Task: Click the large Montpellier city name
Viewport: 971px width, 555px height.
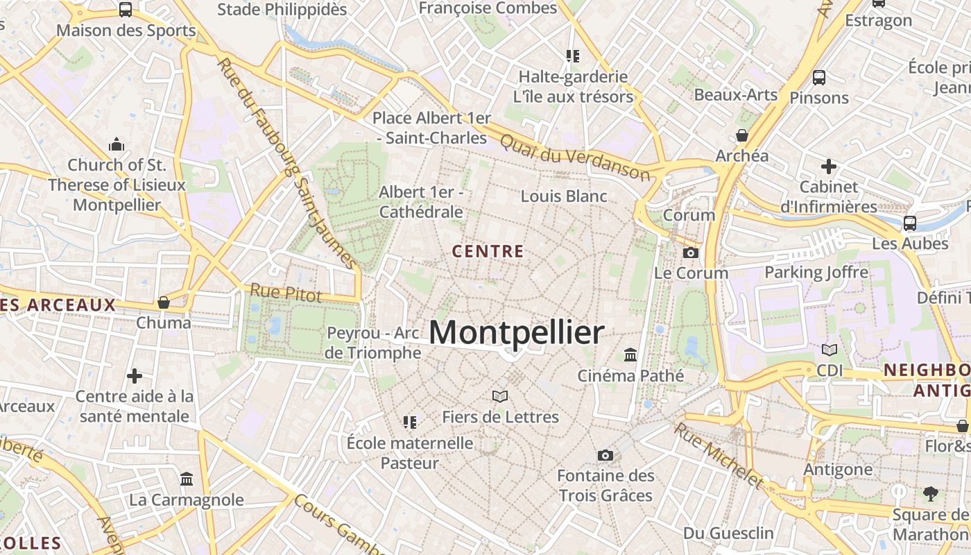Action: (517, 333)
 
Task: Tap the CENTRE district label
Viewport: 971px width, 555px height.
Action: (488, 251)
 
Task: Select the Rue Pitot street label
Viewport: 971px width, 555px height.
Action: (286, 293)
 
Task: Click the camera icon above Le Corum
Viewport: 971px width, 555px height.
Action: (690, 253)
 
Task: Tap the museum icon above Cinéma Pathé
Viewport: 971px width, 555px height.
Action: (630, 355)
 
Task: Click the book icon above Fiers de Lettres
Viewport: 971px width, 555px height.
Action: (500, 397)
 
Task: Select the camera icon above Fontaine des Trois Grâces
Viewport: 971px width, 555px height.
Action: (605, 456)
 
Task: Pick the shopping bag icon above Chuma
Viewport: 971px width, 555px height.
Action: (164, 302)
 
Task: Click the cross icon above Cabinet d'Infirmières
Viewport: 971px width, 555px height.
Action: (828, 166)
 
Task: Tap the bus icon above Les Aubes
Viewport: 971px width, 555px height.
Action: (910, 223)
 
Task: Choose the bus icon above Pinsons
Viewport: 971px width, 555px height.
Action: (819, 77)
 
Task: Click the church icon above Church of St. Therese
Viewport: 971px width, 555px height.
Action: (117, 145)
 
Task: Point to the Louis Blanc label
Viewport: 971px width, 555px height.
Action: (564, 196)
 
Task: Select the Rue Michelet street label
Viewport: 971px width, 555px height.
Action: (719, 455)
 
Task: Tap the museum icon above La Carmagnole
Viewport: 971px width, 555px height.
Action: (187, 479)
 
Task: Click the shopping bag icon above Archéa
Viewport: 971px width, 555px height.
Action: (742, 135)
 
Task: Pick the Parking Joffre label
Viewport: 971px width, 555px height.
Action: (816, 273)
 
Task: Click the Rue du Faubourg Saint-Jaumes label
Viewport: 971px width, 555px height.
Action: (286, 164)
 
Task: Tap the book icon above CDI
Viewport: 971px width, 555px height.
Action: (830, 350)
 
